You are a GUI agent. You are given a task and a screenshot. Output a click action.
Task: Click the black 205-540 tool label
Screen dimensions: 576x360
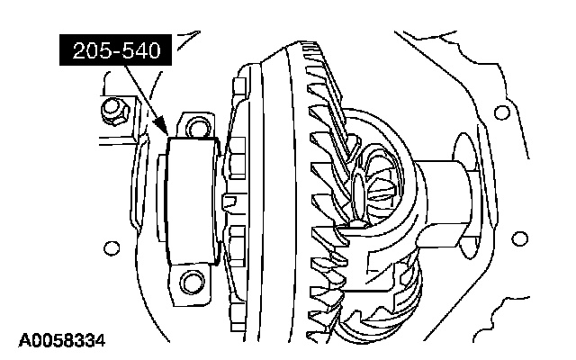tap(115, 50)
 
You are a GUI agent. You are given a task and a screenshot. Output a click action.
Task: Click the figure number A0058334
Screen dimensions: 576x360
tap(62, 340)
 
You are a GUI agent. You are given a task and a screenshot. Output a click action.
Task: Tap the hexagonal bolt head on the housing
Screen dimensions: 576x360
tap(114, 110)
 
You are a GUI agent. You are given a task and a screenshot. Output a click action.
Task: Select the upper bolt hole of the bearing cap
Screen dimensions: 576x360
tap(198, 127)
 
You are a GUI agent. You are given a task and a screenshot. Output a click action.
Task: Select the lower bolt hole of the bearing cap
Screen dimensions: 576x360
tap(192, 282)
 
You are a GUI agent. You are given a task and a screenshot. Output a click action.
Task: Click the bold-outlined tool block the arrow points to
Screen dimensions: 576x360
tap(192, 201)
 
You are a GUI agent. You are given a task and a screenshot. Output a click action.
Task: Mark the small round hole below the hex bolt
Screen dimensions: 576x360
tap(112, 248)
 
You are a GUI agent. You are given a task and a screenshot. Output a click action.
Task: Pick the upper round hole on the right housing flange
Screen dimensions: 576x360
tap(502, 112)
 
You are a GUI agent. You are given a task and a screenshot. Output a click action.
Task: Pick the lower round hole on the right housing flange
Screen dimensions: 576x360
tap(519, 238)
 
